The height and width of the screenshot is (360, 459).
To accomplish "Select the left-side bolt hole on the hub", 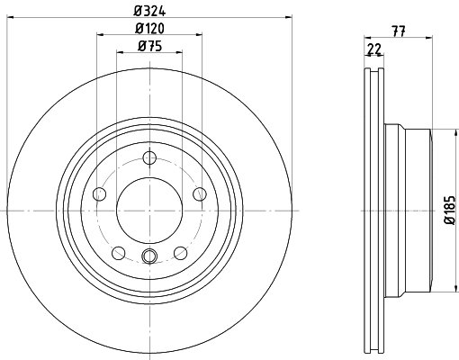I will tap(99, 193).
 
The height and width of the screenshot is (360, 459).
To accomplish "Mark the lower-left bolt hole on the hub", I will tap(118, 251).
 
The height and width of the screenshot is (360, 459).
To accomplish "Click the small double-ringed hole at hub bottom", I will tap(148, 258).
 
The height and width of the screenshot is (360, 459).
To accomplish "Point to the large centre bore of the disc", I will tap(148, 210).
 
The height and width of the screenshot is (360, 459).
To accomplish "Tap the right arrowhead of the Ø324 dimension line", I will tap(289, 17).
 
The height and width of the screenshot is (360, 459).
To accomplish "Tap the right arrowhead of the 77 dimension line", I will tap(431, 36).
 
